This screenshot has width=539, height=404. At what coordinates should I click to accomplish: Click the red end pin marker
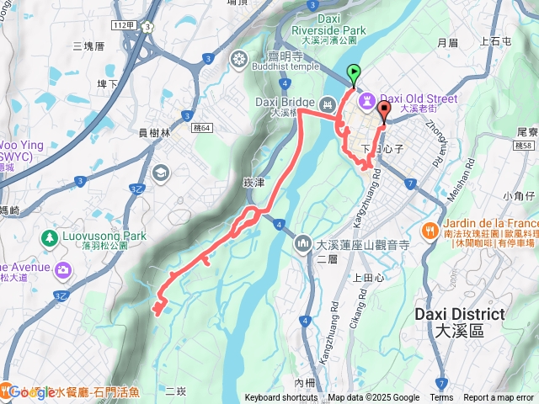pyautogui.click(x=385, y=111)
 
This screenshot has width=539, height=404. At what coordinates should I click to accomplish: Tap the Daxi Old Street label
pyautogui.click(x=419, y=98)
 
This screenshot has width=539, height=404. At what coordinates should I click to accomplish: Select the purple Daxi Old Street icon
pyautogui.click(x=367, y=100)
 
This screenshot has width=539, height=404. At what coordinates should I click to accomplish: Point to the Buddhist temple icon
pyautogui.click(x=240, y=59)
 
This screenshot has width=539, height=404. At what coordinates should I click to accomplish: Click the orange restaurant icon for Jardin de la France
pyautogui.click(x=430, y=229)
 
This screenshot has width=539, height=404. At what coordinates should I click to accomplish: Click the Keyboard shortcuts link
pyautogui.click(x=282, y=398)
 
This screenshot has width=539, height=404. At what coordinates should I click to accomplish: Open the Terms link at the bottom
pyautogui.click(x=441, y=398)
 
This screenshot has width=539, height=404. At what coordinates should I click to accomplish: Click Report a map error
pyautogui.click(x=499, y=398)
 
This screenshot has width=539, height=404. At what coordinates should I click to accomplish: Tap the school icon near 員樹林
pyautogui.click(x=160, y=173)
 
